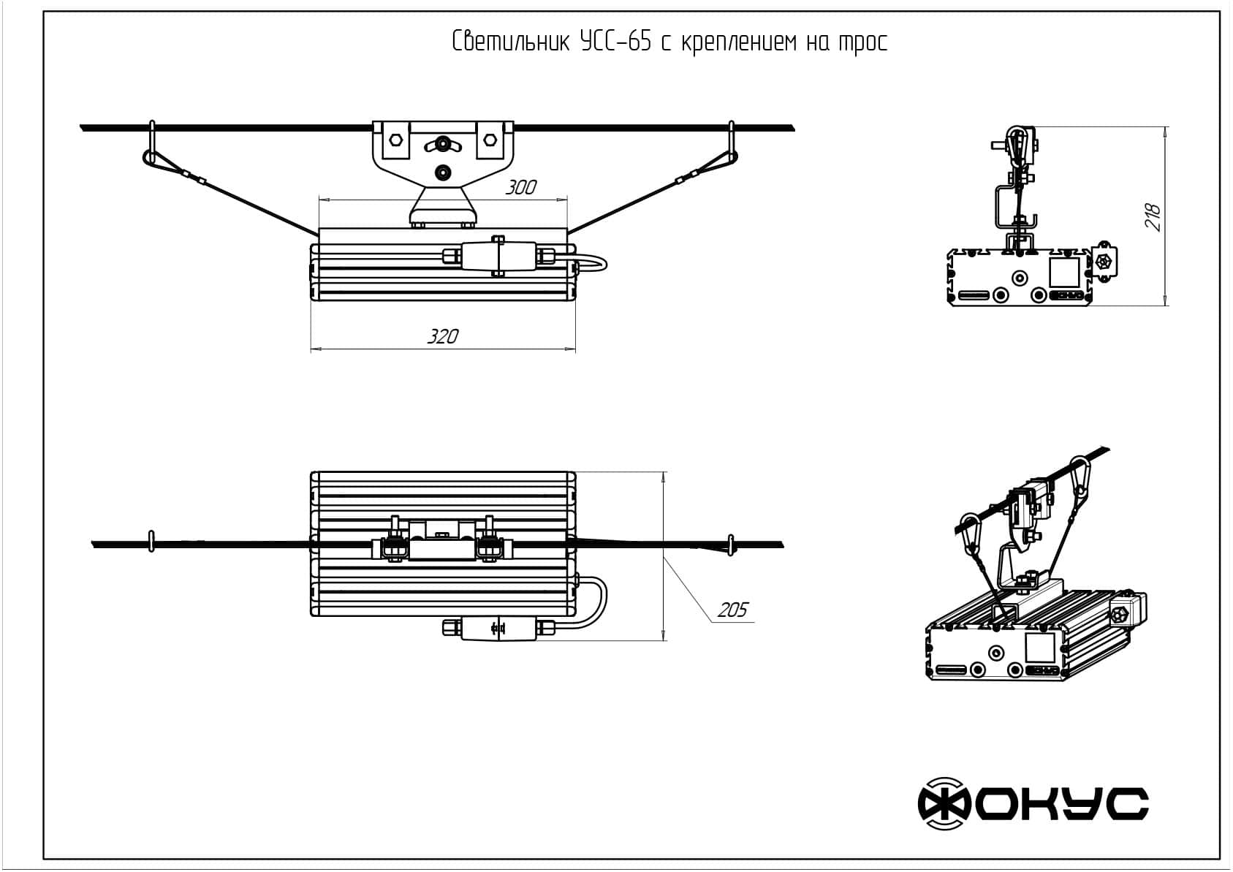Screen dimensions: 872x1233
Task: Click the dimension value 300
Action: (x=521, y=187)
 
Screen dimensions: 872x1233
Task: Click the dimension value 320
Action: (x=443, y=336)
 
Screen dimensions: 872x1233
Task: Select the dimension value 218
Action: (x=1153, y=217)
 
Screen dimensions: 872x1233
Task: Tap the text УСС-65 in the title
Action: (x=615, y=42)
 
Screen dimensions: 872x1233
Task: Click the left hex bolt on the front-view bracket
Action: (x=395, y=140)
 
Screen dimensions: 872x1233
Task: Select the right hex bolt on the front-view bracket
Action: (x=487, y=140)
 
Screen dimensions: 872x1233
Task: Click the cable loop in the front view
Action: (x=592, y=264)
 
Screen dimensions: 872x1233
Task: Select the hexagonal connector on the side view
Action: (x=1104, y=262)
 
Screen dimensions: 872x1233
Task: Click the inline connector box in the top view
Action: (x=492, y=628)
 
